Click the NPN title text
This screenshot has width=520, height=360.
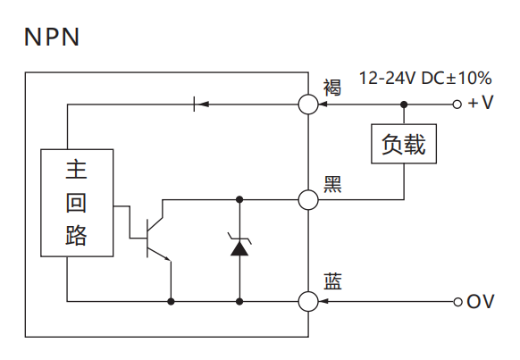[x=52, y=37]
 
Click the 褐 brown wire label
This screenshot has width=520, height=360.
[x=332, y=88]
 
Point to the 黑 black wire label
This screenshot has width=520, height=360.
[x=332, y=184]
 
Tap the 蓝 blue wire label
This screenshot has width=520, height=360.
[x=332, y=281]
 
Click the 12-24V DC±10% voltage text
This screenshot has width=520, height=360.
[x=425, y=79]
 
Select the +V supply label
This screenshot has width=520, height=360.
[x=481, y=103]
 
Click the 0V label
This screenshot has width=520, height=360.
[x=481, y=301]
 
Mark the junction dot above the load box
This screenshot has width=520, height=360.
[x=404, y=105]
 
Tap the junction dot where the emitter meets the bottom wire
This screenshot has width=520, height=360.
[x=172, y=302]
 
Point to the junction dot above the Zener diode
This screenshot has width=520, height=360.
[x=239, y=199]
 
